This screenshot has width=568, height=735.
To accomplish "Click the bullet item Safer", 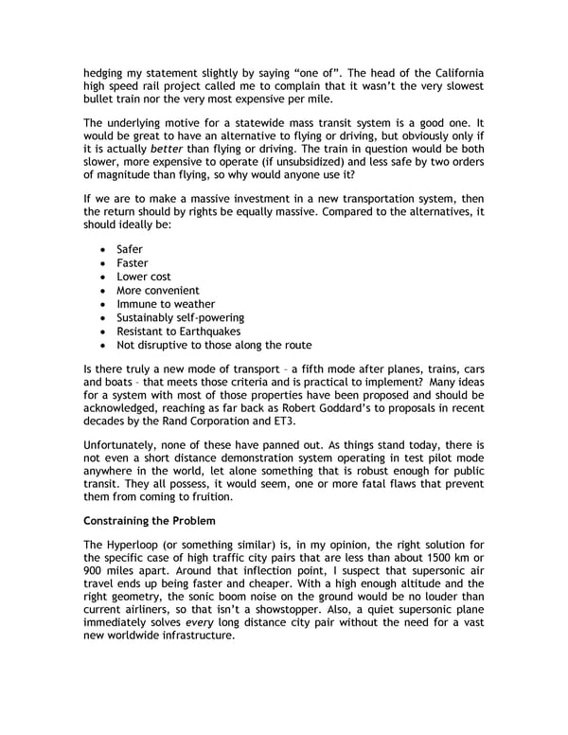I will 130,249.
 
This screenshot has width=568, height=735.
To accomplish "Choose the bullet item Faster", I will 133,262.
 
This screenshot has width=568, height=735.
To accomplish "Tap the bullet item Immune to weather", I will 166,304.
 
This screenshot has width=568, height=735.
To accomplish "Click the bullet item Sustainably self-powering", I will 181,317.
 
